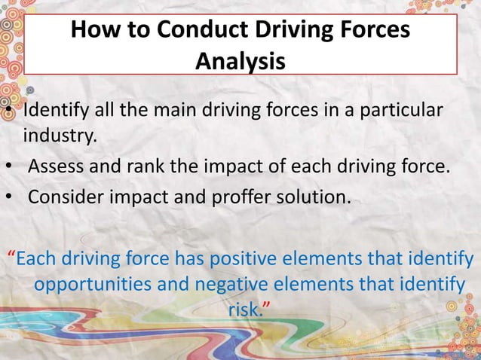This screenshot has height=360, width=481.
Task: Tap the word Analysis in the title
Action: [240, 60]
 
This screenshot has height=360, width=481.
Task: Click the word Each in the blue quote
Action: [37, 260]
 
